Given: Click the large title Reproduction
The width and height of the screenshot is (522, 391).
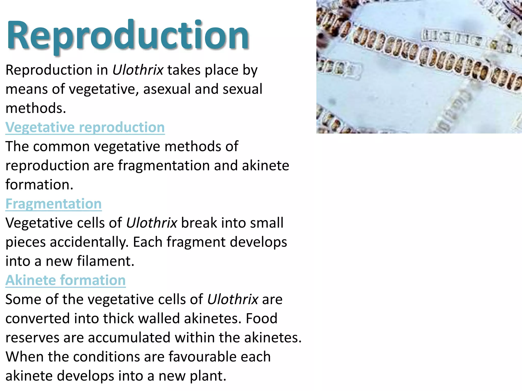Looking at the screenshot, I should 127,36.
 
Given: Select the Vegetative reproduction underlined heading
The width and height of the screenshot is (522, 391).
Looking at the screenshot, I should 85,127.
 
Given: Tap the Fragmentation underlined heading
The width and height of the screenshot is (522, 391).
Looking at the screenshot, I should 54,204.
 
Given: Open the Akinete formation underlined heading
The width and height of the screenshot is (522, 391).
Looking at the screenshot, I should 66,280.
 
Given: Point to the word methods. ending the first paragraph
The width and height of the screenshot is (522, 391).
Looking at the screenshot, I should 36,108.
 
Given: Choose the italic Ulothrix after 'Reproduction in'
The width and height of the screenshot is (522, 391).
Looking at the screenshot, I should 138,70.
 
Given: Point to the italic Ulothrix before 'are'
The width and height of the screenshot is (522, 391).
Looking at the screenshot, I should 233,299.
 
